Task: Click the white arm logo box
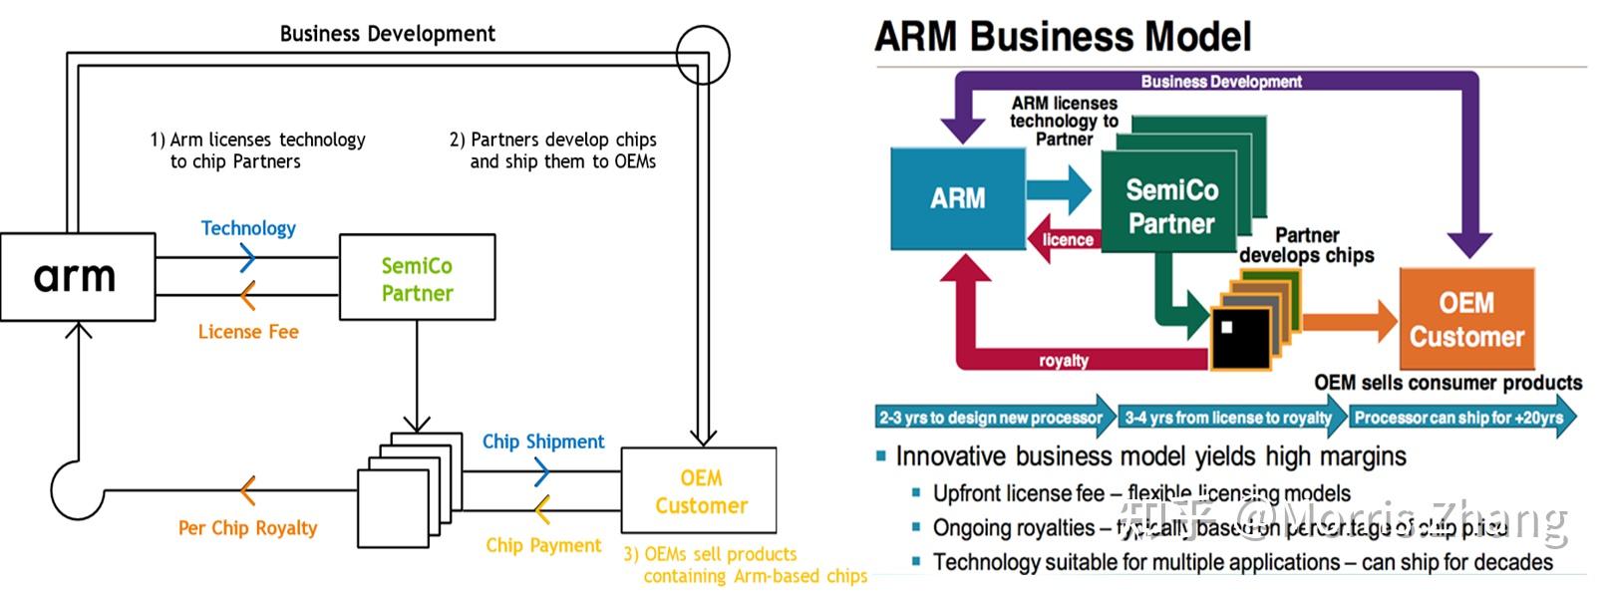point(78,277)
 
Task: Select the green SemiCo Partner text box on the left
point(417,278)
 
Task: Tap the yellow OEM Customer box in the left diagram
point(700,492)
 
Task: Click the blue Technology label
point(248,228)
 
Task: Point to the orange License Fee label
point(248,332)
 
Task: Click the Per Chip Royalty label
point(247,528)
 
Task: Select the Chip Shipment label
point(543,442)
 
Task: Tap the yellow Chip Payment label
point(543,545)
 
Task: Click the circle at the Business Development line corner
point(703,55)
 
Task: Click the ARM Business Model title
point(1063,37)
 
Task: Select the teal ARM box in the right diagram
point(957,198)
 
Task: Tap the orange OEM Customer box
point(1466,319)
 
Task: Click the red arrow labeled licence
point(1066,240)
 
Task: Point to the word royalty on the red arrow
point(1064,361)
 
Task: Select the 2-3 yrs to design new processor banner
point(993,418)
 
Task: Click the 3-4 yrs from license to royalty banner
point(1228,418)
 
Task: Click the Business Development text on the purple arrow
point(1221,82)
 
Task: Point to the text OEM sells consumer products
point(1447,383)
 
